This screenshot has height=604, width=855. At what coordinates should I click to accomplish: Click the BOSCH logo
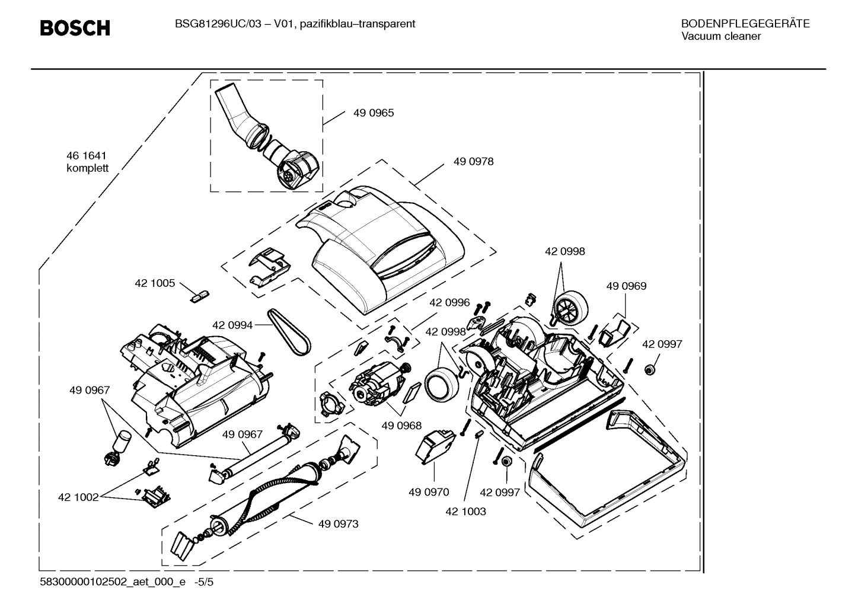(x=75, y=28)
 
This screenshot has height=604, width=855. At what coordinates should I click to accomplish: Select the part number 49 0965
(x=373, y=113)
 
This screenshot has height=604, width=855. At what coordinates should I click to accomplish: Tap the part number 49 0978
(x=473, y=161)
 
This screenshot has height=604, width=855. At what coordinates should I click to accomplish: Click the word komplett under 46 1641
(x=87, y=168)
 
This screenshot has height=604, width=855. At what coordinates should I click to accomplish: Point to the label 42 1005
(x=155, y=283)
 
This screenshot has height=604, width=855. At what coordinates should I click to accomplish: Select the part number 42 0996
(x=449, y=302)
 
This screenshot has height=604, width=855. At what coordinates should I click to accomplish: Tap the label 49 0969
(x=626, y=286)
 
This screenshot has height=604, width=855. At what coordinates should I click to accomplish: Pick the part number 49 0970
(x=428, y=492)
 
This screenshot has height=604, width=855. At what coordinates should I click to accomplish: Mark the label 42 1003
(x=465, y=511)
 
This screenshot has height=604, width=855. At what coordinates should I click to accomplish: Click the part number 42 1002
(x=78, y=497)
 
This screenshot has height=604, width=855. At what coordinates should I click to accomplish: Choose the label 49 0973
(x=338, y=524)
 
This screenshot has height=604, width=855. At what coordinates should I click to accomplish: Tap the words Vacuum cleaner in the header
(x=720, y=36)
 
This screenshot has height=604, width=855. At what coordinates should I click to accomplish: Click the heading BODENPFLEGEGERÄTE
(x=745, y=24)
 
